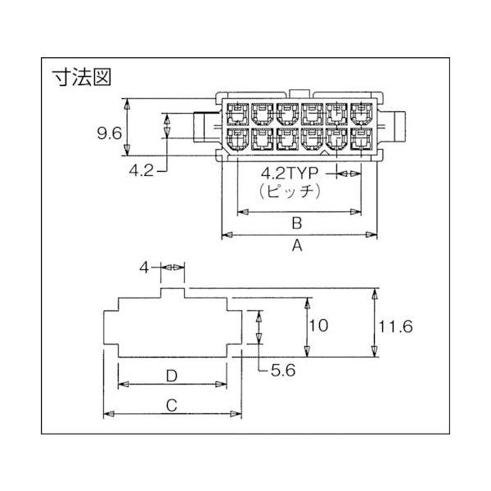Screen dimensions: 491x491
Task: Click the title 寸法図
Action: (x=83, y=77)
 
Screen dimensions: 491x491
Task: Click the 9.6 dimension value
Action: (x=110, y=133)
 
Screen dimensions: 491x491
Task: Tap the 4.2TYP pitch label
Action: (x=290, y=173)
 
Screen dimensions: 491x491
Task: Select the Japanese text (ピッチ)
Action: (x=291, y=191)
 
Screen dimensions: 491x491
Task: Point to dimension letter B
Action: (x=297, y=223)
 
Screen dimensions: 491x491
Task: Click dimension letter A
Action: (x=297, y=245)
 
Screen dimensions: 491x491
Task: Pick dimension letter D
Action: (x=172, y=376)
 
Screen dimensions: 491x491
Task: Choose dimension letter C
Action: (x=172, y=405)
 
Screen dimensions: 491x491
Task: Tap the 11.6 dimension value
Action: (x=396, y=327)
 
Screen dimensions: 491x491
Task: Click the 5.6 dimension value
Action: (x=283, y=371)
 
